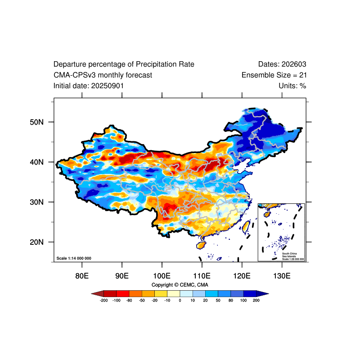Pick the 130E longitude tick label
tap(282, 275)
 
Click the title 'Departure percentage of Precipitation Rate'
tap(124, 64)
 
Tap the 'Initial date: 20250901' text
tap(89, 85)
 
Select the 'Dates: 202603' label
tap(282, 64)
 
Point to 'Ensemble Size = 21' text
tap(274, 75)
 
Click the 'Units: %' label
tap(292, 85)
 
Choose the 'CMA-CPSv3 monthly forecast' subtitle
tap(103, 75)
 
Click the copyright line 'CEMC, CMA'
tap(180, 285)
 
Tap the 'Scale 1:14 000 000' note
tap(74, 258)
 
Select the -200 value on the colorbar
tap(103, 300)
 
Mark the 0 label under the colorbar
tap(180, 300)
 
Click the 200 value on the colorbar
tap(256, 300)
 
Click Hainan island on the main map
tap(201, 245)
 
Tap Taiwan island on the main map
tap(246, 225)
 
